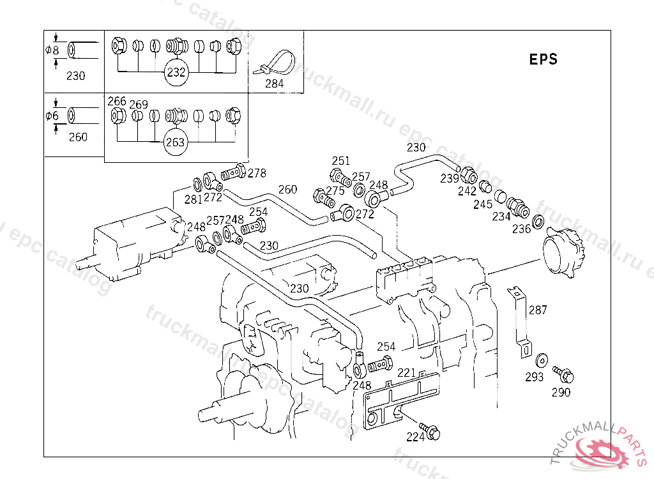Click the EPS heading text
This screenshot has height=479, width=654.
click(x=544, y=59)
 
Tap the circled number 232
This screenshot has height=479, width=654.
click(x=176, y=72)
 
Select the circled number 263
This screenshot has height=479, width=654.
click(x=175, y=142)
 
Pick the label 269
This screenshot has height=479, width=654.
click(x=139, y=105)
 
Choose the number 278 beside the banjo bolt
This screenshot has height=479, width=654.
click(x=257, y=173)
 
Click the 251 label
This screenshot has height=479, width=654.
click(x=341, y=161)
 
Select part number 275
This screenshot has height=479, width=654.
click(x=335, y=190)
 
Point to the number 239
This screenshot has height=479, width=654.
click(x=450, y=178)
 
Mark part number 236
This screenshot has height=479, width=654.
click(x=522, y=229)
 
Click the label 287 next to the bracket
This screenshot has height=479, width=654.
click(x=538, y=310)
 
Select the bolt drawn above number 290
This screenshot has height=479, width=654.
click(x=563, y=373)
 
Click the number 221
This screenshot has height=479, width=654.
click(x=407, y=372)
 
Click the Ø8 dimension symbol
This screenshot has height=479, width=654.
click(x=52, y=50)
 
